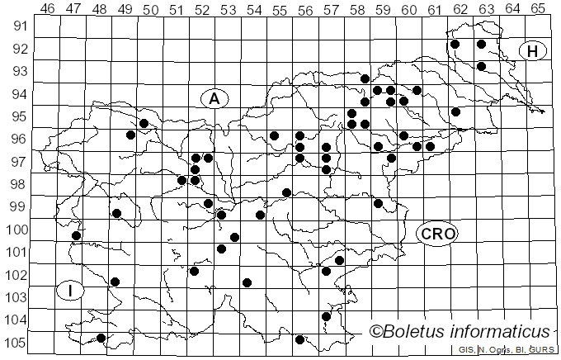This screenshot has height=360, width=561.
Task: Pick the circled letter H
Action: (x=533, y=51)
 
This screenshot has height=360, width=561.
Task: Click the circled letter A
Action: (x=214, y=99)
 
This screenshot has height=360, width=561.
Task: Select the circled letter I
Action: (x=72, y=290)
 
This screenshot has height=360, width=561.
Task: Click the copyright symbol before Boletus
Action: (x=376, y=331)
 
